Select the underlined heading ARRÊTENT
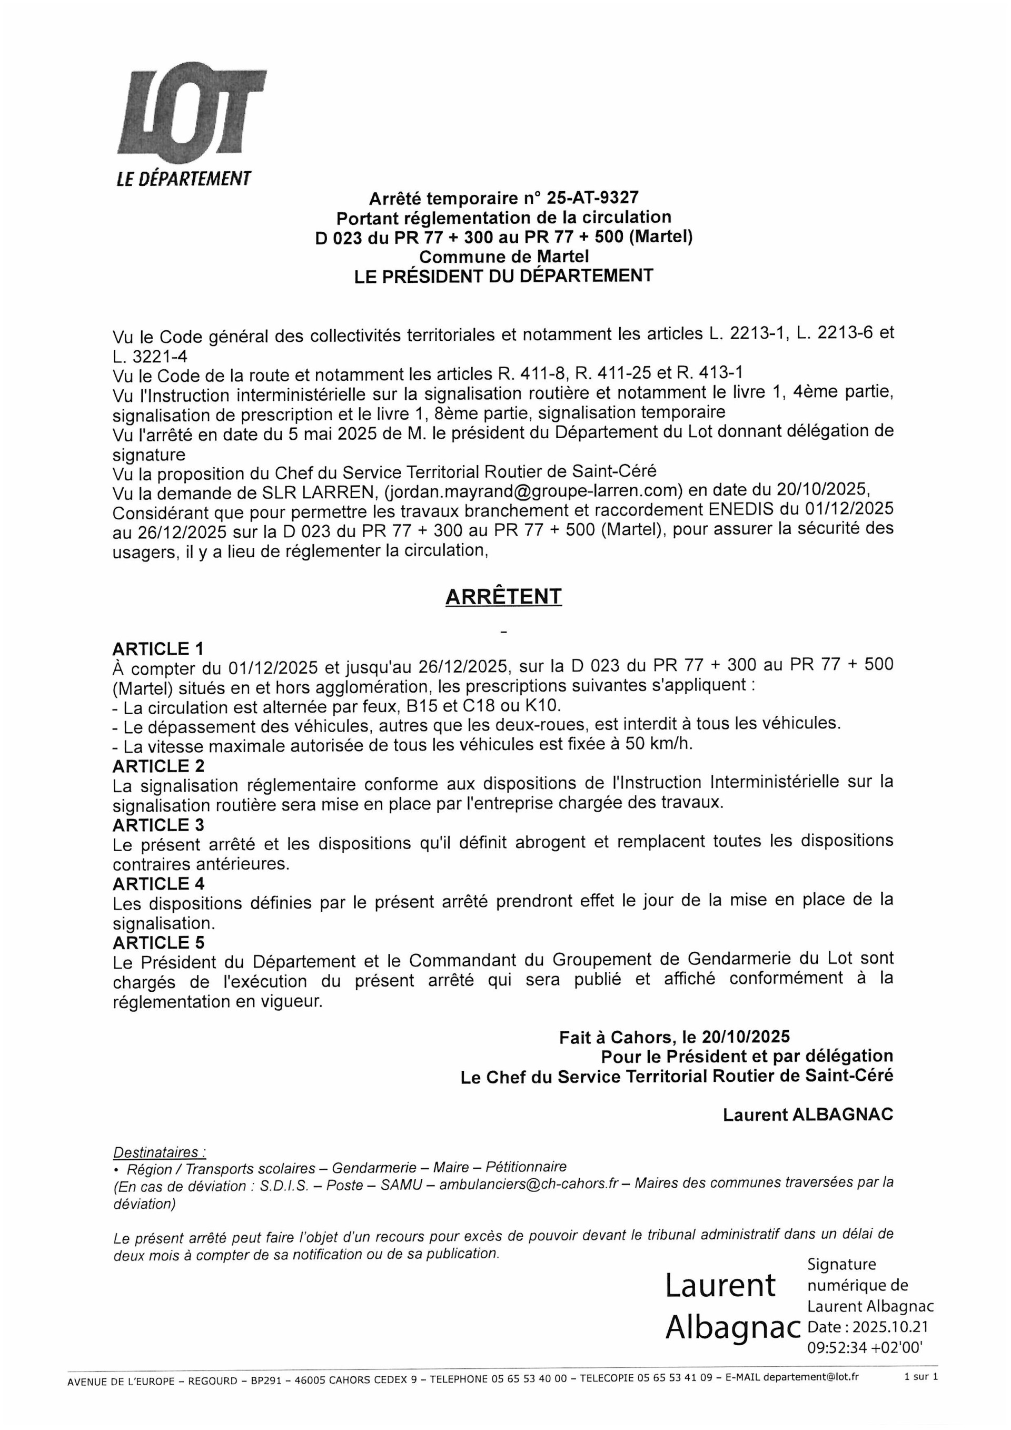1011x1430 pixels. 503,597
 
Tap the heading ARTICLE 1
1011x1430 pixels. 158,649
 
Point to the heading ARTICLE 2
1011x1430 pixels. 158,765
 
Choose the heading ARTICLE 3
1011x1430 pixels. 158,825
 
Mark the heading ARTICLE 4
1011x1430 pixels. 158,883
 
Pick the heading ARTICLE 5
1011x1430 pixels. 158,942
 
